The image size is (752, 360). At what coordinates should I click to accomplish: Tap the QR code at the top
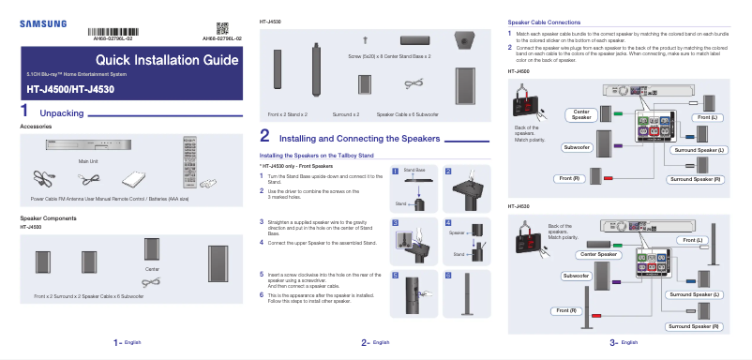(222, 27)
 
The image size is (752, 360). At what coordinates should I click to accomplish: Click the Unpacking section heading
(62, 112)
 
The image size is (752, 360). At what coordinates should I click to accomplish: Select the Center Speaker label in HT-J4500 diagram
(581, 114)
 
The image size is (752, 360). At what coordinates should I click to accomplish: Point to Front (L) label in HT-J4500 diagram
(707, 116)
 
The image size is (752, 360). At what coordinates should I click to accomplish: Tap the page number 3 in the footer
(611, 343)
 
